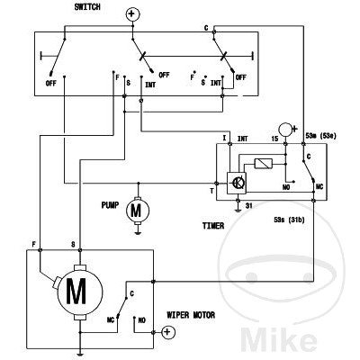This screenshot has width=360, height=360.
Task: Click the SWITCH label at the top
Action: (x=87, y=7)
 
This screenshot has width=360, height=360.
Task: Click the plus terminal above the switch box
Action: (x=131, y=14)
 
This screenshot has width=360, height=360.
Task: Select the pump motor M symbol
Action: (x=138, y=211)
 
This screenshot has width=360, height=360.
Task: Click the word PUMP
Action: (x=110, y=205)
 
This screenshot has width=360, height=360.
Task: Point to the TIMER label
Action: (x=213, y=226)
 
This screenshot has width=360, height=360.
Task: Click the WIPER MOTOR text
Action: (x=191, y=315)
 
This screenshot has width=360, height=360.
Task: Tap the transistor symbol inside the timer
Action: (x=237, y=184)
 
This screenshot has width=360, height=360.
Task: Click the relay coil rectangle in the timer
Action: (x=264, y=163)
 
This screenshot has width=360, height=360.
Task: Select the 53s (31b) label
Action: (x=289, y=220)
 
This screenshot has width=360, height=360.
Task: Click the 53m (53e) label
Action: (x=320, y=136)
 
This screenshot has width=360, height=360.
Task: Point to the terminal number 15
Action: (x=274, y=139)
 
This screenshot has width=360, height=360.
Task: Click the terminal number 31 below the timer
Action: (x=248, y=206)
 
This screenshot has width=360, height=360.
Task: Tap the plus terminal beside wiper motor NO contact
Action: (x=167, y=332)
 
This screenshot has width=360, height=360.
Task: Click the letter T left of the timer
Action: (x=212, y=191)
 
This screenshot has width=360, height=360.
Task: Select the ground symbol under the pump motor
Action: (x=138, y=232)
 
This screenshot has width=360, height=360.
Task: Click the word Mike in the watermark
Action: (x=278, y=340)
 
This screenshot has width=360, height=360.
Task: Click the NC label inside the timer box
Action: (x=319, y=186)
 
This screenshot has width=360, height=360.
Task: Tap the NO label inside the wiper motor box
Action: (x=142, y=320)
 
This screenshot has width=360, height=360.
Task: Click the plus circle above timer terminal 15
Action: (x=286, y=130)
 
